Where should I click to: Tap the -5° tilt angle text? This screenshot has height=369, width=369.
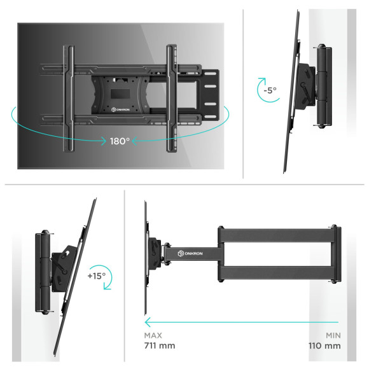[x=270, y=90]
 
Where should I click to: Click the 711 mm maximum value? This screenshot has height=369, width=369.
[x=158, y=346]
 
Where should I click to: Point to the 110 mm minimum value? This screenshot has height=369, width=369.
[x=324, y=346]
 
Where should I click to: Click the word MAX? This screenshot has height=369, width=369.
[x=153, y=335]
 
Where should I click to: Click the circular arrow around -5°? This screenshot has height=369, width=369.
[x=260, y=91]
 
